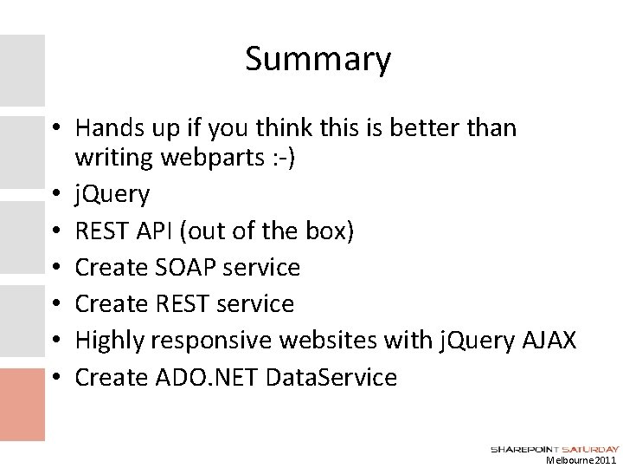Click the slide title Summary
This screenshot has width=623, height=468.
point(318,60)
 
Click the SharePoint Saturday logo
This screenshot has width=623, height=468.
point(555,449)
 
